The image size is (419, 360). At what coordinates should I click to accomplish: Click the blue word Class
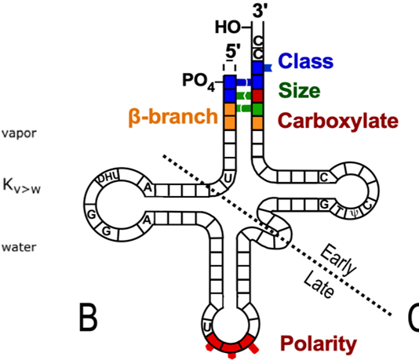(x=306, y=61)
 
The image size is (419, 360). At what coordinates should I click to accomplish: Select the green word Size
(x=299, y=90)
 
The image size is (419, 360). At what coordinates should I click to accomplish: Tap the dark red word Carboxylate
(x=338, y=121)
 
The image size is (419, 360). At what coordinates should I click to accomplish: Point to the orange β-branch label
(x=173, y=117)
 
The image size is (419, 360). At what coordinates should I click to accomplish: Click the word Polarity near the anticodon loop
(x=319, y=344)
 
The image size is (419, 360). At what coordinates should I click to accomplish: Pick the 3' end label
(x=258, y=11)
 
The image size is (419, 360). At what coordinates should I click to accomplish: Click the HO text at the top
(x=228, y=27)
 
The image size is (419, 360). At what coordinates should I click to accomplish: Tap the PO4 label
(x=199, y=81)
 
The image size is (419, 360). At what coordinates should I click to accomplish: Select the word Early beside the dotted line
(x=338, y=260)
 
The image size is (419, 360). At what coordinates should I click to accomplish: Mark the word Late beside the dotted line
(x=319, y=284)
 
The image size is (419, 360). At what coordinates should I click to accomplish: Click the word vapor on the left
(x=19, y=133)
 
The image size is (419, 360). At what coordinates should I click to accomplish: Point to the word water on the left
(x=19, y=247)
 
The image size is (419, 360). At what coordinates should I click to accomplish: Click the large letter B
(x=88, y=318)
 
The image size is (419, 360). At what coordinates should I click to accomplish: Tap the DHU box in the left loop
(x=108, y=178)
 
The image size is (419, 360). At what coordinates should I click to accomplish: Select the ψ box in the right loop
(x=355, y=213)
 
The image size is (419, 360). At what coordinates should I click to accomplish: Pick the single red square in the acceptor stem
(x=257, y=96)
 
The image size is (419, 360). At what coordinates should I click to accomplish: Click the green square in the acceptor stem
(x=257, y=110)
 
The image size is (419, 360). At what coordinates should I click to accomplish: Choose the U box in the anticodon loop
(x=207, y=326)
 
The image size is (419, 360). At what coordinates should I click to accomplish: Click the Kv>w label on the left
(x=21, y=185)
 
